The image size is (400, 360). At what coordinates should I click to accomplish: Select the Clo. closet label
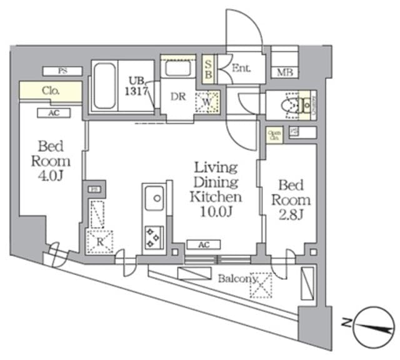point(51,91)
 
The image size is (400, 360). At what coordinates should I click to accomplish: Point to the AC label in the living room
point(203,244)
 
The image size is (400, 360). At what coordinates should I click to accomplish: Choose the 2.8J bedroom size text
point(291,216)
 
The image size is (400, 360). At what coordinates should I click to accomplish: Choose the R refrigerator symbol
point(99,239)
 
